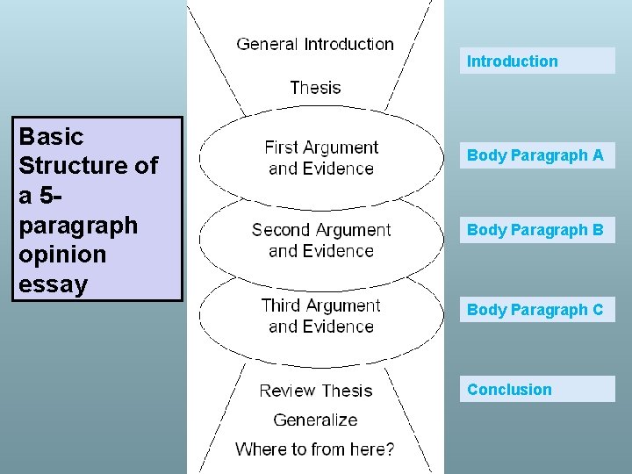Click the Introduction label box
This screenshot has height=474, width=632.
pyautogui.click(x=537, y=61)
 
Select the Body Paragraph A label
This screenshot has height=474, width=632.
pyautogui.click(x=535, y=155)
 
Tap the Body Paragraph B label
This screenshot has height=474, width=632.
pyautogui.click(x=535, y=230)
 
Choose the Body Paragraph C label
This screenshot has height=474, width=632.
pyautogui.click(x=535, y=310)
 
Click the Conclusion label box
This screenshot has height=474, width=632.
pyautogui.click(x=537, y=390)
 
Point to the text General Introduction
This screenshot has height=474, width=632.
pyautogui.click(x=315, y=44)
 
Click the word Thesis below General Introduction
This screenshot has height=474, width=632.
pyautogui.click(x=315, y=88)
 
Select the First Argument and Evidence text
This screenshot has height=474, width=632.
pyautogui.click(x=321, y=158)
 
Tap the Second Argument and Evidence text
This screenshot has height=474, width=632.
pyautogui.click(x=321, y=241)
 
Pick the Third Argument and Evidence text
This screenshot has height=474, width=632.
pyautogui.click(x=321, y=316)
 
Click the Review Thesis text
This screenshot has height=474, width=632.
pyautogui.click(x=316, y=391)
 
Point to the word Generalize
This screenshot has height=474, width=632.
pyautogui.click(x=315, y=420)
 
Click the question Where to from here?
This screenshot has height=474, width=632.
pyautogui.click(x=315, y=449)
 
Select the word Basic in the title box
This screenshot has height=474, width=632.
pyautogui.click(x=51, y=137)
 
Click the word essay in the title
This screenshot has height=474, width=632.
pyautogui.click(x=54, y=284)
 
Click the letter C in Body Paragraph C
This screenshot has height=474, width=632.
pyautogui.click(x=598, y=310)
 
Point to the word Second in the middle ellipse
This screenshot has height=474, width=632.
pyautogui.click(x=281, y=230)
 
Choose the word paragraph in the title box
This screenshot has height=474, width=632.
pyautogui.click(x=78, y=226)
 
